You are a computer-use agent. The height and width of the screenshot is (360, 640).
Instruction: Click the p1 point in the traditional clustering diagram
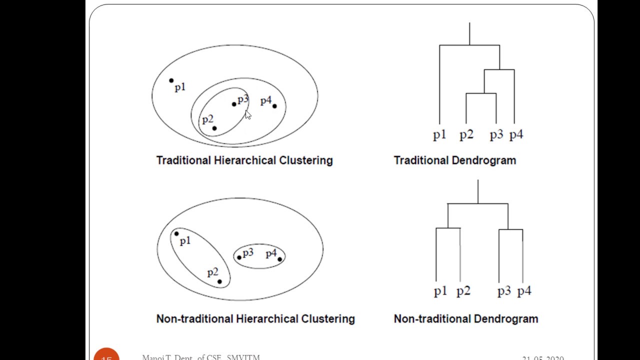click(171, 80)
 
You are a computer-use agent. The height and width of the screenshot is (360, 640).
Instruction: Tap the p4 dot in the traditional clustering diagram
click(274, 106)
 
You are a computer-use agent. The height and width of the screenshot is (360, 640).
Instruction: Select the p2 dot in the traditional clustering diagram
click(214, 128)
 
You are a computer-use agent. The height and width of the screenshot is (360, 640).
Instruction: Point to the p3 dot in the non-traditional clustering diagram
click(239, 257)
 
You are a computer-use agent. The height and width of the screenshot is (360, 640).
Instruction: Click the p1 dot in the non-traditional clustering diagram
click(176, 233)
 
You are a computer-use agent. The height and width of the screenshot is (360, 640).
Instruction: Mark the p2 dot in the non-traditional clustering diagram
click(219, 281)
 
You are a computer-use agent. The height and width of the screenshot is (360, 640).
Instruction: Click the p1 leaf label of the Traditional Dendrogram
click(439, 135)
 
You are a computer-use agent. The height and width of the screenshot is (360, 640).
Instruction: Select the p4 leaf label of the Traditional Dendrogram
click(516, 135)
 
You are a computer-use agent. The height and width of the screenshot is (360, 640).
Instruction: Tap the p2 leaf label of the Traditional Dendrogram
click(466, 135)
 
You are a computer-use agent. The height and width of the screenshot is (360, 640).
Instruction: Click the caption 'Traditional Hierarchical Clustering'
click(244, 160)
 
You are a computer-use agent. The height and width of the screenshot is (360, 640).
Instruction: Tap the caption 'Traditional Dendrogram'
click(454, 160)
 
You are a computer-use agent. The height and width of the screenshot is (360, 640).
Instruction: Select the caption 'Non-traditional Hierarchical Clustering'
click(255, 319)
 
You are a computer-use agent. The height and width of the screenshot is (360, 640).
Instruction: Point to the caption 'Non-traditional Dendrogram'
click(466, 319)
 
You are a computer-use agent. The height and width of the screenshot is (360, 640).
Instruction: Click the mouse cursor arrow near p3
click(247, 115)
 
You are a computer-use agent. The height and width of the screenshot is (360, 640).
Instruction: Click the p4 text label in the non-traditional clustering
click(271, 254)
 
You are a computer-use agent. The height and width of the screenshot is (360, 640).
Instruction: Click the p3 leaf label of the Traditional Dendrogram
click(496, 135)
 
